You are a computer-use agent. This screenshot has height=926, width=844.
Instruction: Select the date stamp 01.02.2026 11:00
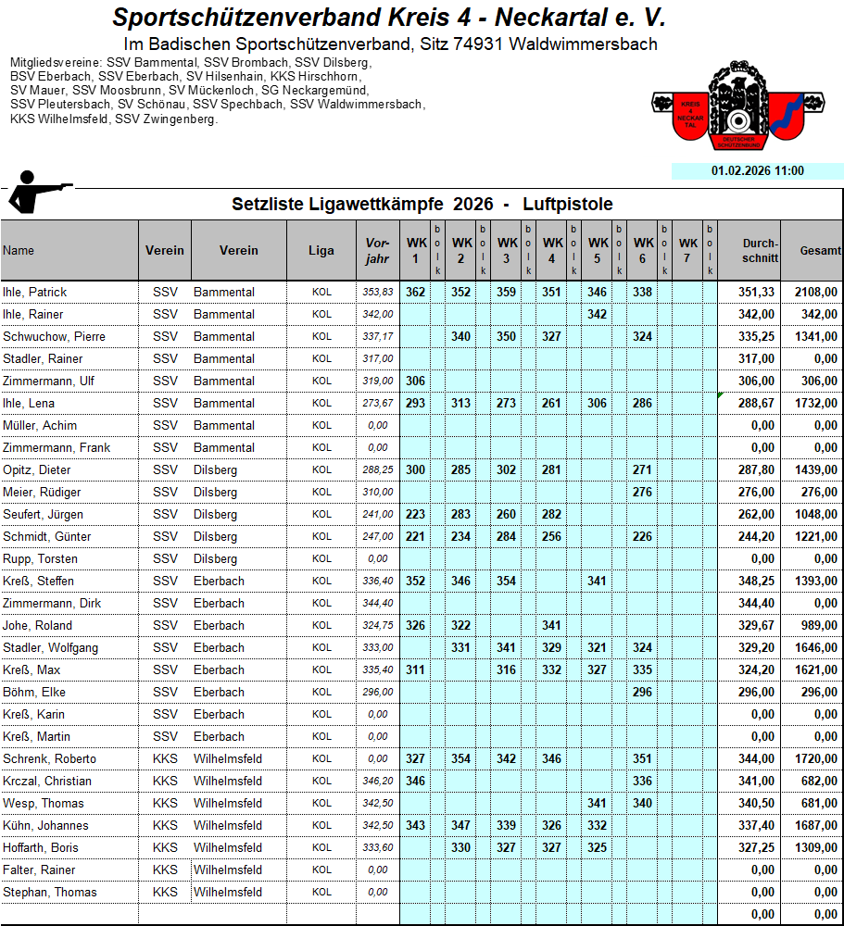pos(757,171)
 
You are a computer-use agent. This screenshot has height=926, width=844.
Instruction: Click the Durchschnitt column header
pos(760,251)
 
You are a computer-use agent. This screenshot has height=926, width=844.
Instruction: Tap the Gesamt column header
pos(821,251)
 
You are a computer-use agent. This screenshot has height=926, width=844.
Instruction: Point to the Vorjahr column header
pos(377,251)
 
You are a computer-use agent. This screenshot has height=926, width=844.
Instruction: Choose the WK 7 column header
pos(687,251)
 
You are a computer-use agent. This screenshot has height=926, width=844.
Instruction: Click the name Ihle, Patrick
pos(35,293)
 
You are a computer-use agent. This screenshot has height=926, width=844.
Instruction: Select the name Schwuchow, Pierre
pos(49,337)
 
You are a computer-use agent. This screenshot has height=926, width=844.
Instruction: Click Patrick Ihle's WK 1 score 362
pos(415,293)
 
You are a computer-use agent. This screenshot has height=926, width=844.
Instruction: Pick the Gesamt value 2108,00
pos(815,293)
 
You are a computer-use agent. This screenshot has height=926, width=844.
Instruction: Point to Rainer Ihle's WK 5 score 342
pos(597,315)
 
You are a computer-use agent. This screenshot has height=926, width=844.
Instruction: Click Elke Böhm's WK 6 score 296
pos(642,693)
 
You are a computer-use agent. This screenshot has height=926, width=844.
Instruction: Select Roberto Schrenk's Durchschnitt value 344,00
pos(756,759)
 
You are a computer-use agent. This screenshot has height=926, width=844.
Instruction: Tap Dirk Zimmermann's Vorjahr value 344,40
pos(378,604)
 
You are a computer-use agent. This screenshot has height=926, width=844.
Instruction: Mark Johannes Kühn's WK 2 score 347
pos(460,826)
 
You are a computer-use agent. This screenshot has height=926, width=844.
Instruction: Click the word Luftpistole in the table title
pos(567,205)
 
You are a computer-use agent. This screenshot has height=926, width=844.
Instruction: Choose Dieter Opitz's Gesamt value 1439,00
pos(815,470)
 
